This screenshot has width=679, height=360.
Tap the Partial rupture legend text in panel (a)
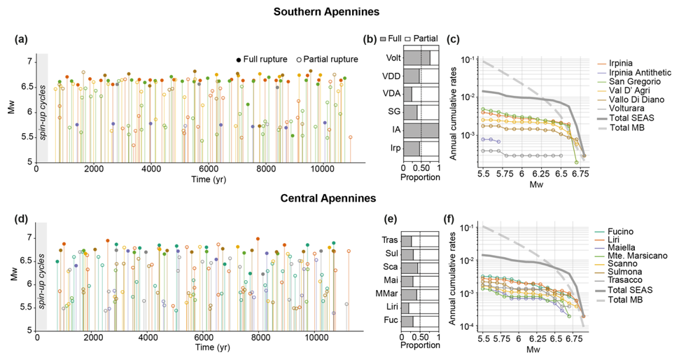point(332,59)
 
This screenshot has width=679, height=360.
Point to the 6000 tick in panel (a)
point(208,169)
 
